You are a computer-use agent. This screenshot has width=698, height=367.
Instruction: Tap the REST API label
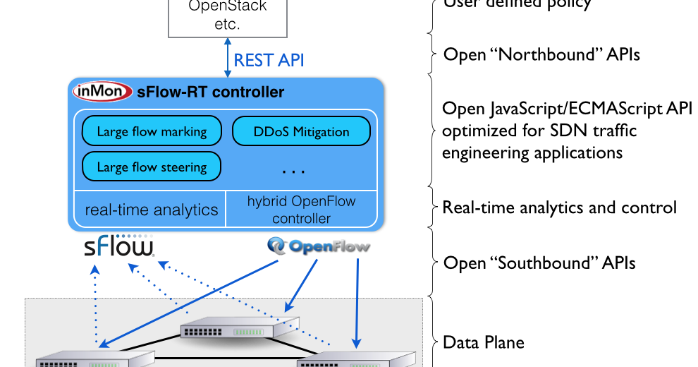pos(269,60)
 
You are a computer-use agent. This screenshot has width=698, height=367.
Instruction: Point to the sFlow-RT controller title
pos(211,92)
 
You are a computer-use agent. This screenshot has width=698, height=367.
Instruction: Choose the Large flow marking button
pos(152,131)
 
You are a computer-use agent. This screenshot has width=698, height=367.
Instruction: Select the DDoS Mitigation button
pos(301,131)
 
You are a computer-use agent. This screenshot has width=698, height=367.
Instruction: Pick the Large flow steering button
pos(152,167)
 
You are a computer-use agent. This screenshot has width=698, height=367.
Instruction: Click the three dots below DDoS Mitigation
pos(293,171)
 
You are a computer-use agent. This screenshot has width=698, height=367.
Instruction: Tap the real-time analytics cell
pos(151,209)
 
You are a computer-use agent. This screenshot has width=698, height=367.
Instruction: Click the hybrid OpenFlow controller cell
pos(301,210)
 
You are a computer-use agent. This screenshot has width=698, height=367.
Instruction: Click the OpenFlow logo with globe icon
pos(319,246)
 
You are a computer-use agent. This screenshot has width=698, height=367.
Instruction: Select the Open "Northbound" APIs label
pos(541,54)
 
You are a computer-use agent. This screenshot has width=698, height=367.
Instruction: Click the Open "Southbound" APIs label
pos(539,263)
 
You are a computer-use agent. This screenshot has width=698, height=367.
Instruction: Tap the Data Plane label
pos(483,343)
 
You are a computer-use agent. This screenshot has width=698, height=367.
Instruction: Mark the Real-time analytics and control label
pos(559,207)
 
